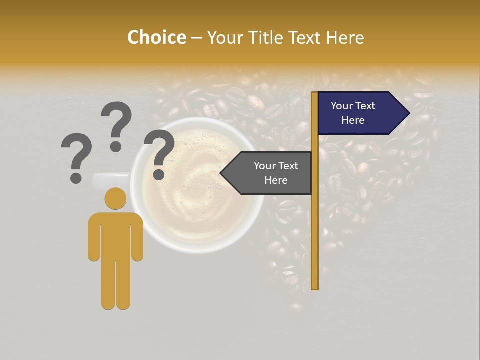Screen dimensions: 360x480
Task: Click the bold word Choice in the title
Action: coord(156,37)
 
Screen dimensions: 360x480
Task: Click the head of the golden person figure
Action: coord(116,198)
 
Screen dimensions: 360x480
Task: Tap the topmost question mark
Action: coord(116,125)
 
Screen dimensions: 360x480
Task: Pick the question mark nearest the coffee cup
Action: coord(159,153)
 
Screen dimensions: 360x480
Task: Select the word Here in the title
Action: coord(345,37)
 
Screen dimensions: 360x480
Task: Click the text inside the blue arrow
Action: coord(353,113)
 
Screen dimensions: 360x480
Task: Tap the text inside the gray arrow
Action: coord(276,173)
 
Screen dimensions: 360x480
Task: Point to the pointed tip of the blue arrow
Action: coord(408,113)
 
